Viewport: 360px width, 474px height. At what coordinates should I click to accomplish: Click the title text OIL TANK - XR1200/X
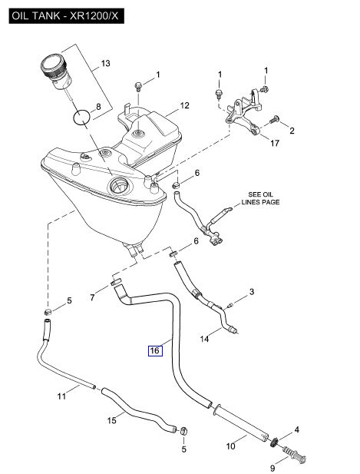pos(66,15)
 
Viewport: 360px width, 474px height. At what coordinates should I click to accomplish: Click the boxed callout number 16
pos(155,350)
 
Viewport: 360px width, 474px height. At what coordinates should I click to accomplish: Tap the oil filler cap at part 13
pos(56,71)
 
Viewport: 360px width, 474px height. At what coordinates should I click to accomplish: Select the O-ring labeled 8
pos(82,117)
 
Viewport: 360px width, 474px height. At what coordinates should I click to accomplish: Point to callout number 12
pos(184,105)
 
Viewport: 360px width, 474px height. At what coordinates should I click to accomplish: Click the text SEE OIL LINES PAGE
pos(260,198)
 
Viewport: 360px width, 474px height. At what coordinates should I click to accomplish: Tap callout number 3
pos(252,292)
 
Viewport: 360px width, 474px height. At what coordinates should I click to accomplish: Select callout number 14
pos(204,339)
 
